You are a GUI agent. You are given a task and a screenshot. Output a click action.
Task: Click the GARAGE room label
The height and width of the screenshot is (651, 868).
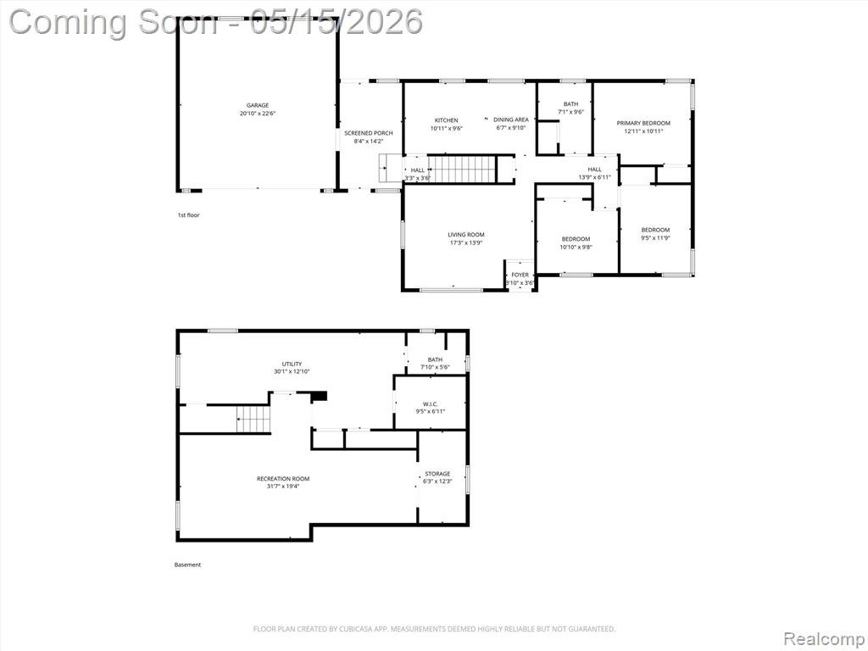pos(258,105)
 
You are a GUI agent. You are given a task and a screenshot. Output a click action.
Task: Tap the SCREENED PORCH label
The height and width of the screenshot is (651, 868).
pos(369,133)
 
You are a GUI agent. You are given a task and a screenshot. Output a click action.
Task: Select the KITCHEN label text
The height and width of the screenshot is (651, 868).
pos(446,120)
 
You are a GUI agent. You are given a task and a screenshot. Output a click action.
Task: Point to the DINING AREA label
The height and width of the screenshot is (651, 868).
pos(511,120)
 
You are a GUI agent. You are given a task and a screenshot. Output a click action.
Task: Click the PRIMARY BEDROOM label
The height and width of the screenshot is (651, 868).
pos(643,124)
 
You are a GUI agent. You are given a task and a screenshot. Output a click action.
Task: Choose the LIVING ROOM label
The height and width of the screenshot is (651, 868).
pos(466,235)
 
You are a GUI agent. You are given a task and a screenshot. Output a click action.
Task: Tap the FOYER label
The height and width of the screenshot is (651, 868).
pos(520,275)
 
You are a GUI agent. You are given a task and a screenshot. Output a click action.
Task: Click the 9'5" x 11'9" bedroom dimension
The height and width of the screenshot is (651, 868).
pos(655,238)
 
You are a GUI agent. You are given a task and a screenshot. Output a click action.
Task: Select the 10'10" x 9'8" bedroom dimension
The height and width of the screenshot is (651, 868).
pos(576,247)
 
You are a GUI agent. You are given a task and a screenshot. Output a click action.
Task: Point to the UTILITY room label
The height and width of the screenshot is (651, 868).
pos(292,364)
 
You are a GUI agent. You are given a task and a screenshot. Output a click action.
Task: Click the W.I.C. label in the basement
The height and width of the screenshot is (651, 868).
pos(430,403)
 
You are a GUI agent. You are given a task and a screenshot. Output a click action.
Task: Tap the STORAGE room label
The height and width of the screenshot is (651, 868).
pos(437,474)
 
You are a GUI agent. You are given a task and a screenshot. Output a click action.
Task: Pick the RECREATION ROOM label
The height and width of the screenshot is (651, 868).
pos(283,479)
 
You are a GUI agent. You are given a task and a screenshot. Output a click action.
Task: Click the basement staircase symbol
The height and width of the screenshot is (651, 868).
pos(253,419)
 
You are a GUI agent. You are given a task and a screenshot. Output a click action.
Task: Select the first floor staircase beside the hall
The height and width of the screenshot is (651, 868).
pos(462,170)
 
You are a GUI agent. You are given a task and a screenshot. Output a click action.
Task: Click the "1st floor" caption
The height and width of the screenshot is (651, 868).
pos(188,214)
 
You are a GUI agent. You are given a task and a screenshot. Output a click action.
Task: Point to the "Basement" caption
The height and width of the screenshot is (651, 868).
pos(187,565)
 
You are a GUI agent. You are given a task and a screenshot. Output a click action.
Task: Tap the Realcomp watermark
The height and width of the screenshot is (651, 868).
pos(824,638)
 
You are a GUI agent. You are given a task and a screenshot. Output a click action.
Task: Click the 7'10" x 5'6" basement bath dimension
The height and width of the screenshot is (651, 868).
pos(435,367)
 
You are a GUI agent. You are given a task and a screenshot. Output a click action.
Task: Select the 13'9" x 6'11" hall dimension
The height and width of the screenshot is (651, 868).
pos(594,177)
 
